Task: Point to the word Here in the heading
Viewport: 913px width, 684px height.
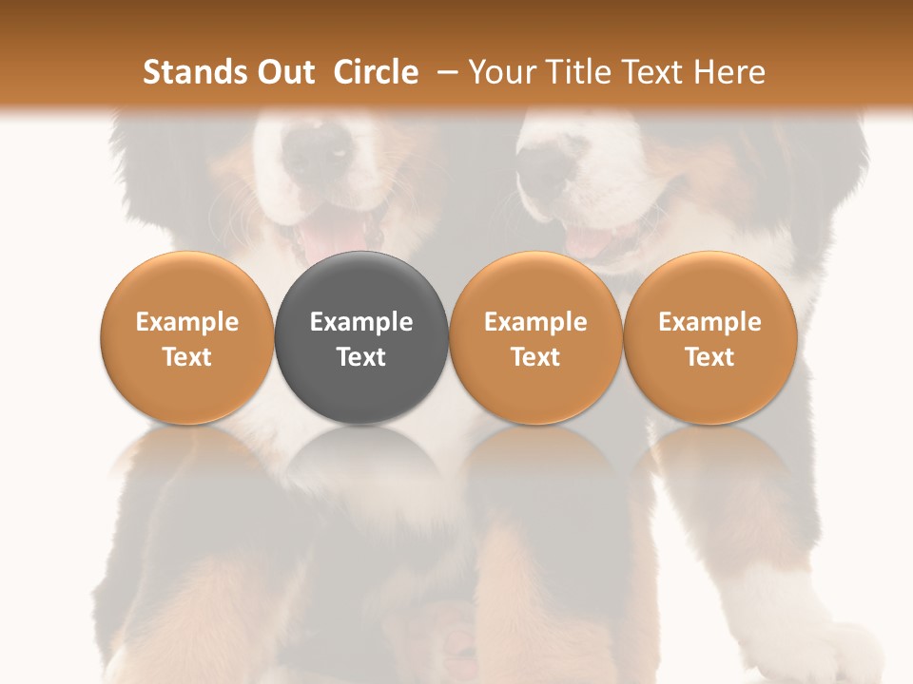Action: click(729, 72)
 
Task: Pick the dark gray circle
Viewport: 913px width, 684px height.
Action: click(361, 337)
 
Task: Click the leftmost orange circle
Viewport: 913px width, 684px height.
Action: click(187, 337)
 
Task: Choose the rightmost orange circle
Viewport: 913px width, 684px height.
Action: click(709, 337)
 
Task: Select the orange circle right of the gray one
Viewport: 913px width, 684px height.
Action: click(535, 337)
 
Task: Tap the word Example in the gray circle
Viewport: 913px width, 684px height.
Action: click(361, 322)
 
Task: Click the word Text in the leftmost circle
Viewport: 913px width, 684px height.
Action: click(187, 357)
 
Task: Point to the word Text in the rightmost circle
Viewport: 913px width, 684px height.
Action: click(709, 357)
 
